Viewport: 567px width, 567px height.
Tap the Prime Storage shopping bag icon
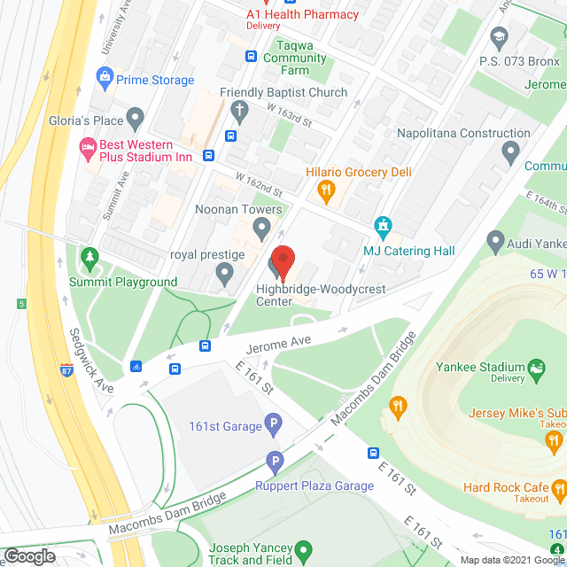(106, 80)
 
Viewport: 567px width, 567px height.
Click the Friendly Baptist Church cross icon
(238, 111)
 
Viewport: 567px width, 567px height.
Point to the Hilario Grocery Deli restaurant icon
(326, 189)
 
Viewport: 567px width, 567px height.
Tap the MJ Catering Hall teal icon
(383, 225)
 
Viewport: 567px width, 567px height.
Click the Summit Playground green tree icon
(89, 258)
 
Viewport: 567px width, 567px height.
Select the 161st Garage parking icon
(275, 426)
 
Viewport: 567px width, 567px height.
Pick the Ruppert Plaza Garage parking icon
(275, 462)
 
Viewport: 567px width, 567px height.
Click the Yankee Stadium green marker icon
(535, 367)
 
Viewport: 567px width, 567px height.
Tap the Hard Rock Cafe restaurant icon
(558, 488)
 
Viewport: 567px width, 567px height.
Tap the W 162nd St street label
(258, 185)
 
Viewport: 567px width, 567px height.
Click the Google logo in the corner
(29, 555)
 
